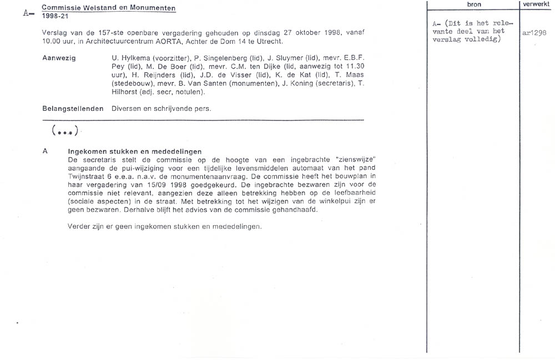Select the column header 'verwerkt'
click(536, 4)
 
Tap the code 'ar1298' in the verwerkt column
click(534, 32)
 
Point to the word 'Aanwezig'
click(59, 58)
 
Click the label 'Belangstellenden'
click(73, 108)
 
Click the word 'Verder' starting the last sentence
click(79, 226)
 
